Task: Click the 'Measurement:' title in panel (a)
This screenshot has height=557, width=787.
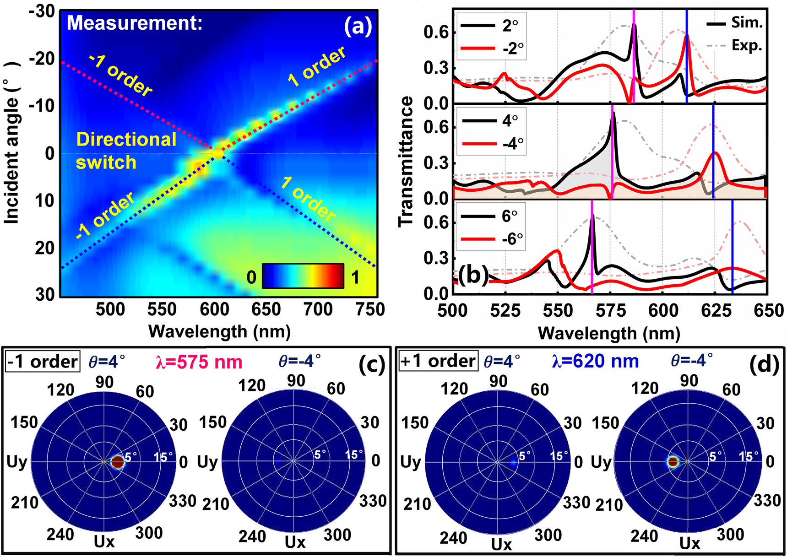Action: click(x=135, y=23)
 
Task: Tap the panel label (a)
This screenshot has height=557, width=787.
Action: click(x=358, y=26)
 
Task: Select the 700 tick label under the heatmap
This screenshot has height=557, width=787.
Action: click(x=319, y=310)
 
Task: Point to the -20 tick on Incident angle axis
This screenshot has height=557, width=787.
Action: click(x=42, y=59)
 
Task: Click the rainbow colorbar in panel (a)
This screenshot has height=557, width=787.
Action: click(x=303, y=276)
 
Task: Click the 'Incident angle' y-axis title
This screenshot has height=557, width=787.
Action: click(x=12, y=143)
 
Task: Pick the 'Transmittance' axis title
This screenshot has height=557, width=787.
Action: click(x=406, y=161)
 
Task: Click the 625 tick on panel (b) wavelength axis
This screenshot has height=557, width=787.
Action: click(x=716, y=311)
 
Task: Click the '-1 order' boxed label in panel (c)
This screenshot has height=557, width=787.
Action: click(x=43, y=362)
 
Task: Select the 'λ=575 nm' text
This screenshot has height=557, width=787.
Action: click(x=199, y=362)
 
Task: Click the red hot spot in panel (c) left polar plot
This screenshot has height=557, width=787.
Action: click(x=118, y=462)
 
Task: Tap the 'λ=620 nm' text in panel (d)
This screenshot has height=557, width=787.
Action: click(x=595, y=361)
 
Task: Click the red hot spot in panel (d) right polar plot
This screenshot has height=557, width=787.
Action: click(x=673, y=462)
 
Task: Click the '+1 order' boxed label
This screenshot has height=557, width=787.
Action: click(x=438, y=361)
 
